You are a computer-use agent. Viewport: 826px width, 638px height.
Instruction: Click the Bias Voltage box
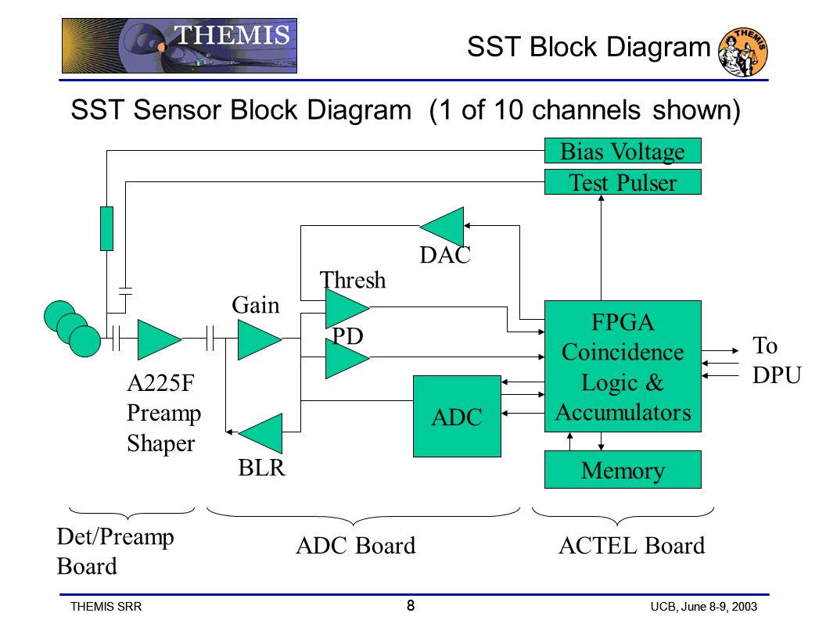coord(623,151)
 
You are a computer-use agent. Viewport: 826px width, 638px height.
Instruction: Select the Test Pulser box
coord(623,182)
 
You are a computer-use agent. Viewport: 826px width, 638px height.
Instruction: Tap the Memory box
coord(623,470)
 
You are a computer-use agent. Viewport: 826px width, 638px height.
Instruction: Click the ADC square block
coord(457,417)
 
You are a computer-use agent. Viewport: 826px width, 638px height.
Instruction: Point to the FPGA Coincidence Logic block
coord(623,367)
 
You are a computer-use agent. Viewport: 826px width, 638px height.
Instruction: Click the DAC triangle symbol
coord(443,227)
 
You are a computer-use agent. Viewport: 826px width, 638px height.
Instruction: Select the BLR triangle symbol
coord(261,433)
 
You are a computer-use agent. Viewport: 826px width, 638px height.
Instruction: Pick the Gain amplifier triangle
coord(259,339)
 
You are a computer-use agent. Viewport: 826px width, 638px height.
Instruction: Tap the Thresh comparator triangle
coord(347,307)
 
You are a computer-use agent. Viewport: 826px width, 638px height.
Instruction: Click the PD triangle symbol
coord(347,358)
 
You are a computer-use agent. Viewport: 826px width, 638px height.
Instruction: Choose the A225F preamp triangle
coord(159,339)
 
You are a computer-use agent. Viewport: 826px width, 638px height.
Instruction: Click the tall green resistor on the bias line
coord(106,228)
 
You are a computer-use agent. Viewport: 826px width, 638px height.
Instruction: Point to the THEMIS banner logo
coord(180,46)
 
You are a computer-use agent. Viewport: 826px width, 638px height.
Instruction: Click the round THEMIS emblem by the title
coord(743,52)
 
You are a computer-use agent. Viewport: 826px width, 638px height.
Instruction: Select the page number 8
coord(411,605)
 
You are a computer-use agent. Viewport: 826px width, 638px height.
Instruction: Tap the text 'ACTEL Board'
coord(631,546)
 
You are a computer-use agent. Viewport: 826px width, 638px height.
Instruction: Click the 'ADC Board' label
coord(356,546)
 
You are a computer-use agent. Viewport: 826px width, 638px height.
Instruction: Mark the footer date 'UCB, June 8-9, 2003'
coord(704,607)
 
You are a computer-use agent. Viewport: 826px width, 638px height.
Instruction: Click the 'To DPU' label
coord(777,360)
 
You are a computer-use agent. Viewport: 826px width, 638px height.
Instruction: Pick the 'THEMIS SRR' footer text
coord(106,607)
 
